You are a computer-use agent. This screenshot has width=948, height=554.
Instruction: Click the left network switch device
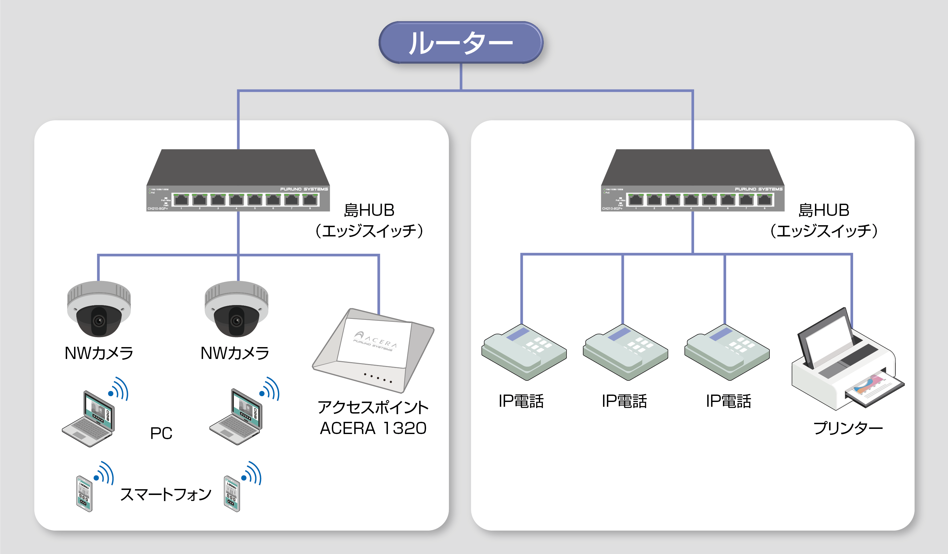tap(238, 181)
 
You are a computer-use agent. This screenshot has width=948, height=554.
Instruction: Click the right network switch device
tap(692, 181)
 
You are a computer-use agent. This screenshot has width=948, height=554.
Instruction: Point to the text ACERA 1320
tap(373, 428)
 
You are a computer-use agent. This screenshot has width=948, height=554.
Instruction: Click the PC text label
tap(161, 433)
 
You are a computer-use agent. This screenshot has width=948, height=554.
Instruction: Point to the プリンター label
tap(848, 428)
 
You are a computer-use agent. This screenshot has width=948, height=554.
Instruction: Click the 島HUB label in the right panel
tap(824, 210)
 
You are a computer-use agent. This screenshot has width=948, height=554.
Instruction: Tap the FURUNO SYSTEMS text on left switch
tap(304, 189)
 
